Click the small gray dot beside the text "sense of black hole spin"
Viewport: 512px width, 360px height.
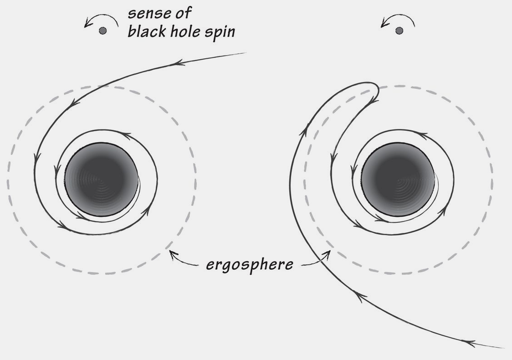point(102,31)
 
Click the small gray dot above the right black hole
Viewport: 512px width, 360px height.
point(399,31)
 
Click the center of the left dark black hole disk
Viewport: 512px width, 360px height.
point(101,180)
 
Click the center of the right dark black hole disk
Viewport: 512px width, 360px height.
point(398,179)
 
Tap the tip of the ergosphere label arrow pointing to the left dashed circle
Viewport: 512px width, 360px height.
point(170,251)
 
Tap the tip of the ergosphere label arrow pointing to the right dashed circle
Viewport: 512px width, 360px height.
point(330,251)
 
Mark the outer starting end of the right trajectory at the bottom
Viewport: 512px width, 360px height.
point(505,348)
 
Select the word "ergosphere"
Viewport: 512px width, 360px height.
point(250,264)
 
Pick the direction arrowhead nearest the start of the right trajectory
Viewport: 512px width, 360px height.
point(469,343)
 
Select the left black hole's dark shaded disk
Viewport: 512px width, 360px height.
point(101,180)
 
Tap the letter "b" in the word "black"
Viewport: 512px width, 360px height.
point(131,32)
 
